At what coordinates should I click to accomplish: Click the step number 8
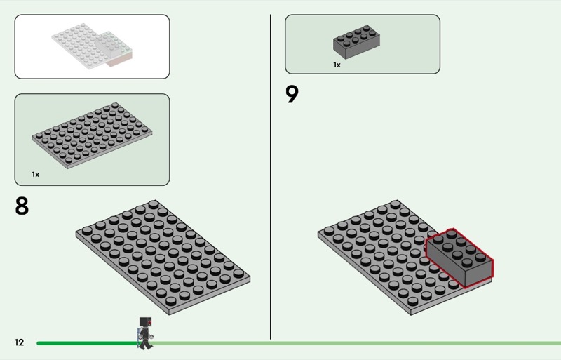coord(22,206)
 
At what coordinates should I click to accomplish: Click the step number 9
coord(292,94)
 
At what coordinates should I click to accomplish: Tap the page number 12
coord(19,342)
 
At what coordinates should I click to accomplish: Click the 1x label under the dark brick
coord(337,65)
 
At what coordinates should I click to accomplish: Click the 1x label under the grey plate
coord(35,173)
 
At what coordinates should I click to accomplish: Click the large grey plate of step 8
coord(163,256)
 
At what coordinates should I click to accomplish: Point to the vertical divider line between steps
coord(271,175)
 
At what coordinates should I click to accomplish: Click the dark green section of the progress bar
coord(84,343)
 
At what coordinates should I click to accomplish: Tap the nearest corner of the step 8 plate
coord(166,312)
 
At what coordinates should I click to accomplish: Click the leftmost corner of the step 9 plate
coord(318,234)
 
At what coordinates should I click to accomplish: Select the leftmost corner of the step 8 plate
coord(76,234)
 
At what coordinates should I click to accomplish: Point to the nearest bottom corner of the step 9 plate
coord(408,313)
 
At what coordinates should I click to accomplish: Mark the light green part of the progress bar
coord(351,343)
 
